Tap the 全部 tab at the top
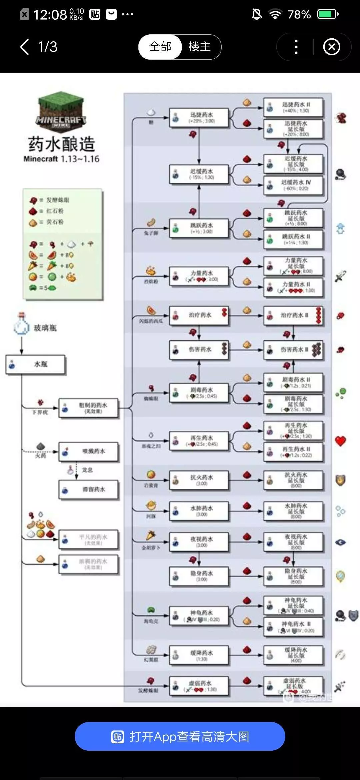pos(160,47)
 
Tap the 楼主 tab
pos(200,47)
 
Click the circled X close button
pos(332,47)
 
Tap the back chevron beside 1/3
pos(25,47)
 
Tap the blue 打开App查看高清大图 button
pos(180,736)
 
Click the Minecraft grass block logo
pos(61,110)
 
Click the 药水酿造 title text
pos(62,144)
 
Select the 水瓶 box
pos(36,364)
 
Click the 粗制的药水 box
pos(89,408)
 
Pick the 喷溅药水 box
pos(89,452)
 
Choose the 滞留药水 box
pos(89,490)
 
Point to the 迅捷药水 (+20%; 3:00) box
pos(199,117)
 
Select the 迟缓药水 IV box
pos(293,185)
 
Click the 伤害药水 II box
pos(293,350)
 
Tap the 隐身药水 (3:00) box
pos(199,576)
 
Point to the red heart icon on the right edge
pos(340,441)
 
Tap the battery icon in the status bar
pos(328,14)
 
